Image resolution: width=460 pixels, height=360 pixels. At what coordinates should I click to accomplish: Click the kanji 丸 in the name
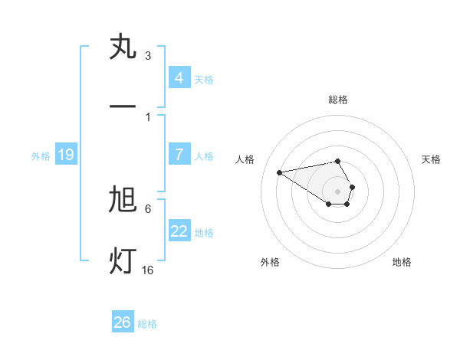pyautogui.click(x=123, y=47)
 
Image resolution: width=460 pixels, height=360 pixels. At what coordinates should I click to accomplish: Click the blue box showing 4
pyautogui.click(x=179, y=77)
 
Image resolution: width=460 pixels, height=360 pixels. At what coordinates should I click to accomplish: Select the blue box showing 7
pyautogui.click(x=179, y=154)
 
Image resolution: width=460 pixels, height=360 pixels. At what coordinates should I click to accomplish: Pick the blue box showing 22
pyautogui.click(x=179, y=231)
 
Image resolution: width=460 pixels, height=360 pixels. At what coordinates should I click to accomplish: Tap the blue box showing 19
pyautogui.click(x=65, y=155)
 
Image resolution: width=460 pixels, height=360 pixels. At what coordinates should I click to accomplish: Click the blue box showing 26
pyautogui.click(x=122, y=322)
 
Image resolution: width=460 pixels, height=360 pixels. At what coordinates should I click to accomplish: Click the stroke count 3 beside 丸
pyautogui.click(x=148, y=55)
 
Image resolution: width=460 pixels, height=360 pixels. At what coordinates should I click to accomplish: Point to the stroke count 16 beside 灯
pyautogui.click(x=148, y=270)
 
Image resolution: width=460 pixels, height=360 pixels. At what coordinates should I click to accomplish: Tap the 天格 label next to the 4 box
pyautogui.click(x=204, y=79)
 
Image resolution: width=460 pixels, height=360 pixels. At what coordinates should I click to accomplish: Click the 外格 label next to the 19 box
pyautogui.click(x=41, y=155)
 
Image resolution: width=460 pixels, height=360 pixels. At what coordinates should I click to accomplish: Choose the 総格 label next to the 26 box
pyautogui.click(x=147, y=324)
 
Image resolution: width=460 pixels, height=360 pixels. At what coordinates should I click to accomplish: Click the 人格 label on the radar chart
pyautogui.click(x=245, y=159)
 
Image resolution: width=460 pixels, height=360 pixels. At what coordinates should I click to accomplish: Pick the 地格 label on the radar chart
pyautogui.click(x=402, y=262)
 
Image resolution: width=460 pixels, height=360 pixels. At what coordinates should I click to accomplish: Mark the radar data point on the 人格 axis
pyautogui.click(x=280, y=172)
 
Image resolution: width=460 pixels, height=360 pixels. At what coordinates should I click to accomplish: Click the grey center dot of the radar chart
pyautogui.click(x=337, y=191)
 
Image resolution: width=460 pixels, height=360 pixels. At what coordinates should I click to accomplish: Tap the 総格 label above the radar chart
pyautogui.click(x=338, y=100)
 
